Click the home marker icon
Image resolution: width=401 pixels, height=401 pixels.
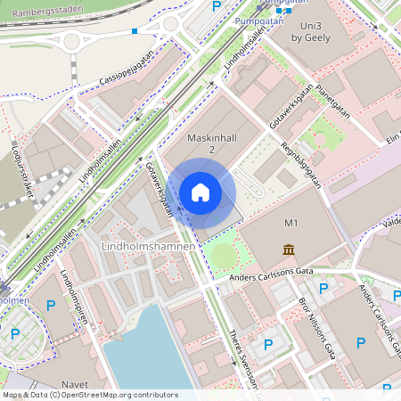click(x=200, y=192)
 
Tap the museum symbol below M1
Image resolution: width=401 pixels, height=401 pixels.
click(x=289, y=249)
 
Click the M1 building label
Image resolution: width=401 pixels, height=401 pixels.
click(x=290, y=221)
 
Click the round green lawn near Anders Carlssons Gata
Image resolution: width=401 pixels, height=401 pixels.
click(x=225, y=256)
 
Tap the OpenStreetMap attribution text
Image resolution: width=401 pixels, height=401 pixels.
click(x=90, y=395)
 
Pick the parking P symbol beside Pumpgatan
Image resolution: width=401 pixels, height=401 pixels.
click(x=216, y=6)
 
